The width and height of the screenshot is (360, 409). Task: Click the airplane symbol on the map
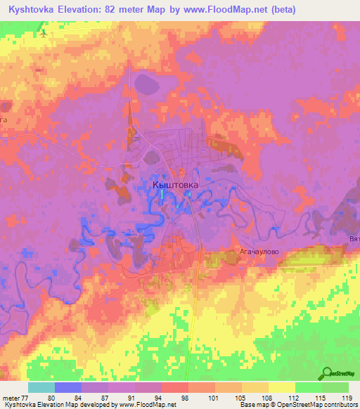pos(44,32)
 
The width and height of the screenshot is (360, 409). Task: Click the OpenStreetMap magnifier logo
pos(328,373)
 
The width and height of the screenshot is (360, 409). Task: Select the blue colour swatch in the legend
pos(68,387)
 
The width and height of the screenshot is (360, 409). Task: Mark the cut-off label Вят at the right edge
pos(354,239)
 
